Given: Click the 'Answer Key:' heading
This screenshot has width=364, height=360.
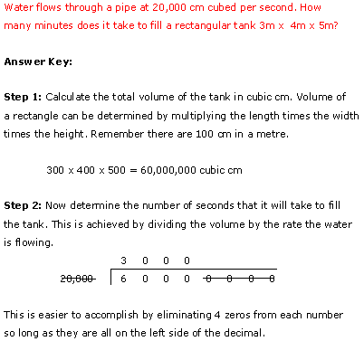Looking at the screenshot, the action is pyautogui.click(x=38, y=62).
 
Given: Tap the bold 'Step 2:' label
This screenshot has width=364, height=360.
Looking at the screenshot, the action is pyautogui.click(x=23, y=206).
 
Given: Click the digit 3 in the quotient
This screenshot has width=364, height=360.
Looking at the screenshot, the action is pyautogui.click(x=122, y=261).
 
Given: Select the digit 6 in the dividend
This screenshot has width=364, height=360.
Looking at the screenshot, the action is pyautogui.click(x=122, y=279).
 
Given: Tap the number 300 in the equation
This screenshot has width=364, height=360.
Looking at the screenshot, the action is pyautogui.click(x=56, y=169).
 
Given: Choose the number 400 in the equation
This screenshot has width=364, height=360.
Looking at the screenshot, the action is pyautogui.click(x=86, y=169).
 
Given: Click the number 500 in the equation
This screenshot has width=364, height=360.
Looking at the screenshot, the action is pyautogui.click(x=116, y=169).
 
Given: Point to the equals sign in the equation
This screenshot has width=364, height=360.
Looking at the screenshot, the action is pyautogui.click(x=135, y=169).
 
